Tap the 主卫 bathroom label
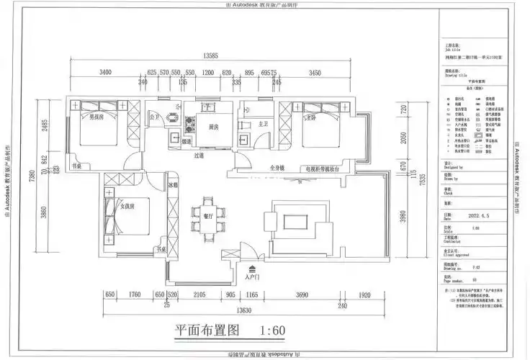point(263,124)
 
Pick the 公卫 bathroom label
point(153,117)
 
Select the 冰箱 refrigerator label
point(173,185)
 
